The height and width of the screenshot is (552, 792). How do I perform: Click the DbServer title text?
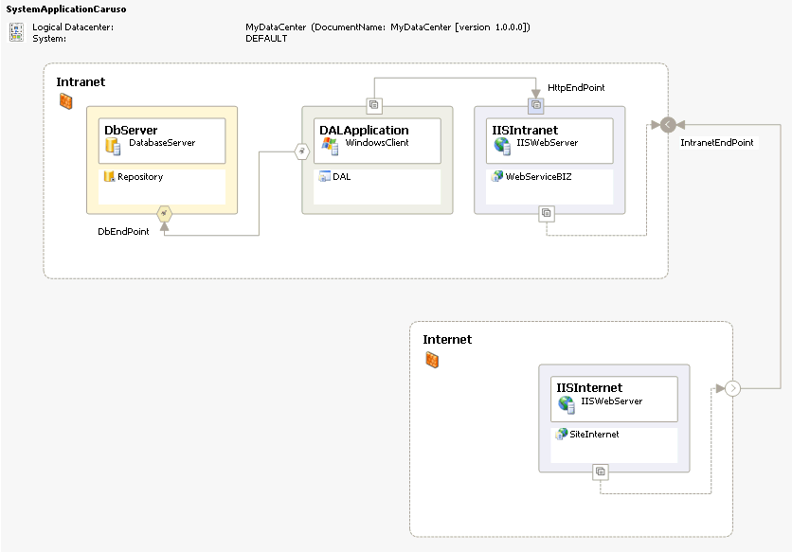(131, 130)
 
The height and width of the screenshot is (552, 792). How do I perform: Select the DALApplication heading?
(364, 131)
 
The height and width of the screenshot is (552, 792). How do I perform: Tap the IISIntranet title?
(525, 130)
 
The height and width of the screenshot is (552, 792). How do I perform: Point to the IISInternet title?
(589, 387)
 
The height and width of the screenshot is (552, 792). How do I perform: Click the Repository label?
(140, 177)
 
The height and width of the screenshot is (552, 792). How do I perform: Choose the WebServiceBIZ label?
(538, 176)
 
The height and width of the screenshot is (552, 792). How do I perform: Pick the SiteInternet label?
(594, 434)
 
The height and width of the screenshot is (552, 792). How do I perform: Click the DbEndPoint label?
(123, 231)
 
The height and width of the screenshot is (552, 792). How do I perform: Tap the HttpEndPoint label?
(576, 87)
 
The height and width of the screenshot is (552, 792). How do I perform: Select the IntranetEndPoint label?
(717, 142)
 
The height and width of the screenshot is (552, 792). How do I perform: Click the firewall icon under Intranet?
(65, 101)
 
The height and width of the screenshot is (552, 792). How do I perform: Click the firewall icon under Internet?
(432, 360)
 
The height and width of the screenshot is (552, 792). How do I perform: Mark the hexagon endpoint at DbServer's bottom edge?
(164, 214)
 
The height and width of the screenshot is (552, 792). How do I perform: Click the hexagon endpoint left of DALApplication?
(301, 151)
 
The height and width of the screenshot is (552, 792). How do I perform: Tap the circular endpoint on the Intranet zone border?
(668, 124)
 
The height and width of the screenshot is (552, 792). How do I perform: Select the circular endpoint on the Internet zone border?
(732, 388)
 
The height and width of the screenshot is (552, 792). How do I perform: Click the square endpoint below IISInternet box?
(600, 472)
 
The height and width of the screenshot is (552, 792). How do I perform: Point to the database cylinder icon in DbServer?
(113, 146)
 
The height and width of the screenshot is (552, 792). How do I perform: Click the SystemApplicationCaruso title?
(66, 9)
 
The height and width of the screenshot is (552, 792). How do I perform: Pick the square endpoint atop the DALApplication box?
(374, 105)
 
